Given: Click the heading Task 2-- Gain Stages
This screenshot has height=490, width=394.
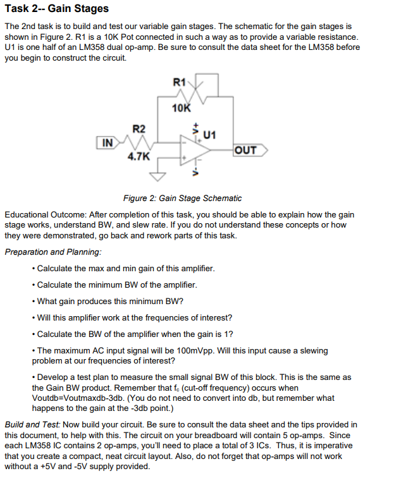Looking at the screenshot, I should click(56, 9).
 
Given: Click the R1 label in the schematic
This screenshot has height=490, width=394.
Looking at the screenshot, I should click(179, 82).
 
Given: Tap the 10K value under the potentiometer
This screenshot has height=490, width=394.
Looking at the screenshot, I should click(182, 108).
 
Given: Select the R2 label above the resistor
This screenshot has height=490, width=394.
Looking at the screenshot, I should click(139, 130).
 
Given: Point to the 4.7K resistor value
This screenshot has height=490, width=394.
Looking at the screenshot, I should click(139, 156).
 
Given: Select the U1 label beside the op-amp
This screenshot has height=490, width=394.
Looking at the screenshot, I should click(211, 134).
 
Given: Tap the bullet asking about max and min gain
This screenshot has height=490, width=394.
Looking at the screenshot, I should click(126, 269).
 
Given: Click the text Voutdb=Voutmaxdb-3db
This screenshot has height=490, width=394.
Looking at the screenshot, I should click(78, 398).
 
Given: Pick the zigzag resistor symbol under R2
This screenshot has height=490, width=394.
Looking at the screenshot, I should click(139, 143).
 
